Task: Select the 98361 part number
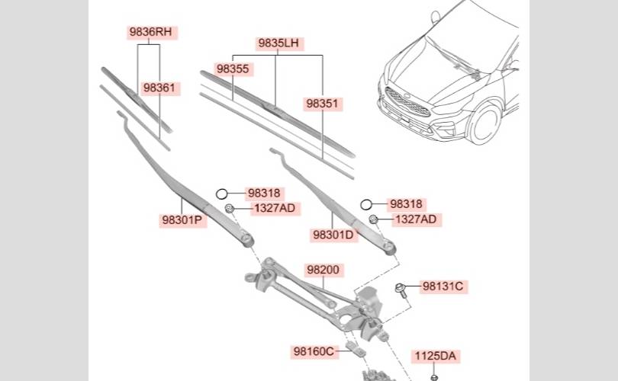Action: click(159, 88)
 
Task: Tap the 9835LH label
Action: click(278, 43)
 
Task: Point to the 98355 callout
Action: click(233, 69)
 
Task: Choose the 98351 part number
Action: click(323, 102)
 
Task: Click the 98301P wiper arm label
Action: click(182, 220)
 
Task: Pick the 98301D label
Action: click(333, 235)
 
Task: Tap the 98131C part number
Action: click(443, 287)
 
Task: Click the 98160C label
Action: click(314, 351)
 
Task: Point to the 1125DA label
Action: click(436, 355)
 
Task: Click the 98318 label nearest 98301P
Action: click(264, 194)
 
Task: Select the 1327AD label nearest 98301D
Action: click(416, 219)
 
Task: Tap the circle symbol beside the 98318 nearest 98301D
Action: click(367, 204)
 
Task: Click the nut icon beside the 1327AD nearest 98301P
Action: click(229, 209)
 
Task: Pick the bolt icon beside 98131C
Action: click(401, 288)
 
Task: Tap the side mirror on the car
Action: click(436, 17)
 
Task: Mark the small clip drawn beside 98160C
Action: click(352, 349)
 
